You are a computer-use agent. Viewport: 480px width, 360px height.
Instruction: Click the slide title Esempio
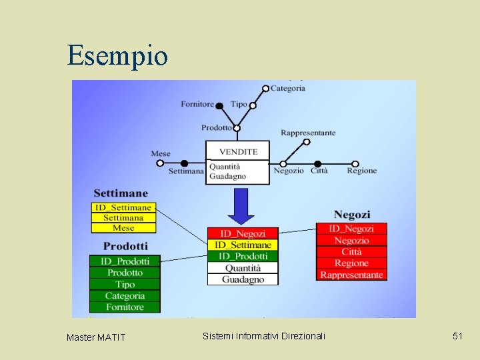[117, 55]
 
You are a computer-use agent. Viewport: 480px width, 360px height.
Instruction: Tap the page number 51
[457, 336]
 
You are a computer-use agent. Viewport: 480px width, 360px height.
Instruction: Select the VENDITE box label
[238, 151]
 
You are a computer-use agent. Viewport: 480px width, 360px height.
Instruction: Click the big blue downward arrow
[241, 206]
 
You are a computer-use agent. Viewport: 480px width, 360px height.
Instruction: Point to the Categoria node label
[288, 88]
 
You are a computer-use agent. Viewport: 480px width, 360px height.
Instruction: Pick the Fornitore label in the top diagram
[197, 104]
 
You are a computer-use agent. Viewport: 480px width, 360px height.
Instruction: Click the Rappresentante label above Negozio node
[308, 133]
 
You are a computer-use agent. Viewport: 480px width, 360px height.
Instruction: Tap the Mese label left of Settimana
[161, 153]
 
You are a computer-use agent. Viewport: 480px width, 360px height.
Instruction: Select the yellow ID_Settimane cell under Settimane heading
[123, 207]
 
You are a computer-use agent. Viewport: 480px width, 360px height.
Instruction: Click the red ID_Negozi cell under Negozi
[351, 229]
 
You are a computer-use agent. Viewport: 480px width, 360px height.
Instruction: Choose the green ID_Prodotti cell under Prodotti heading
[125, 261]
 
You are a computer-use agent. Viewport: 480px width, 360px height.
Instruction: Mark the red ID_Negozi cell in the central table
[242, 233]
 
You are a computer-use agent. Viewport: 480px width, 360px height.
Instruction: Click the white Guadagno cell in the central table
[242, 279]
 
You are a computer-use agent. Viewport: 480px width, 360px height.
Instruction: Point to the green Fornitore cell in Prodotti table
[125, 307]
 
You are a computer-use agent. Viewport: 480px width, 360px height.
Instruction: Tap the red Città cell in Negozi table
[351, 251]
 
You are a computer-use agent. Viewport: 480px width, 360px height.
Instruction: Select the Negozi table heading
[351, 214]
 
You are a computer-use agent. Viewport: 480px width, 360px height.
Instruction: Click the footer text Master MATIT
[96, 337]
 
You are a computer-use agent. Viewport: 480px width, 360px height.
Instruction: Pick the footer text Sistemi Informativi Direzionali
[264, 336]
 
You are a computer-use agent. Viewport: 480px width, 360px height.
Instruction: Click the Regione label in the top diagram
[361, 171]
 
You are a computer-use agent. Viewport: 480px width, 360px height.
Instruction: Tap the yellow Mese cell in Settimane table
[123, 228]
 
